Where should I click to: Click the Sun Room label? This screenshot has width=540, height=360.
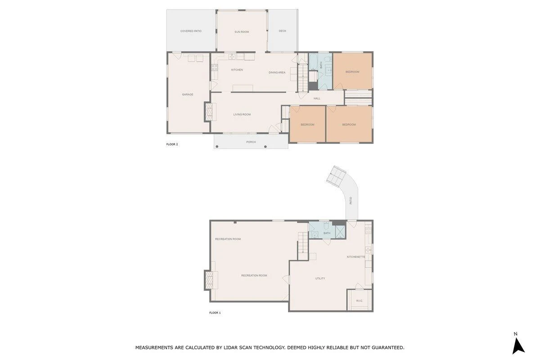242,32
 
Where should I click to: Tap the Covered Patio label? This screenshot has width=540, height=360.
191,31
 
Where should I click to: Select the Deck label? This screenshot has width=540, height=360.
282,31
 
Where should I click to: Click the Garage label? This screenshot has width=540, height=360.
188,94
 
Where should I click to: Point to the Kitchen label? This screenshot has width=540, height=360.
237,70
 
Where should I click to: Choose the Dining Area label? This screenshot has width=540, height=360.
277,72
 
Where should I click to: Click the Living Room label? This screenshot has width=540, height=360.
242,115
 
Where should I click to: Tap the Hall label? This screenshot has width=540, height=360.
317,99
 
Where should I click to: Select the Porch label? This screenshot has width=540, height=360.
251,142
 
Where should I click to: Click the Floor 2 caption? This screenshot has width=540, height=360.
172,144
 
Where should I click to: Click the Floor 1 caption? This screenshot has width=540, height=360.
215,313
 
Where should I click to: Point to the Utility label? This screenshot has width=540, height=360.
320,279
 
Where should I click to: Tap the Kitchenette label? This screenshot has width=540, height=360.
356,257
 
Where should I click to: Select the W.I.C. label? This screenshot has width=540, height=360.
359,301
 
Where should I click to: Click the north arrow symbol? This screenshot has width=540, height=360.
518,346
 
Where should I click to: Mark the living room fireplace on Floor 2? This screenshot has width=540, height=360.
209,112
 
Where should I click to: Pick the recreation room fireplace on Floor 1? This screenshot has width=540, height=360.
209,280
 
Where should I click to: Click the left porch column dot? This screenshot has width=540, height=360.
217,147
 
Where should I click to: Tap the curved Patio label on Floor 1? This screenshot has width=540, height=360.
351,201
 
